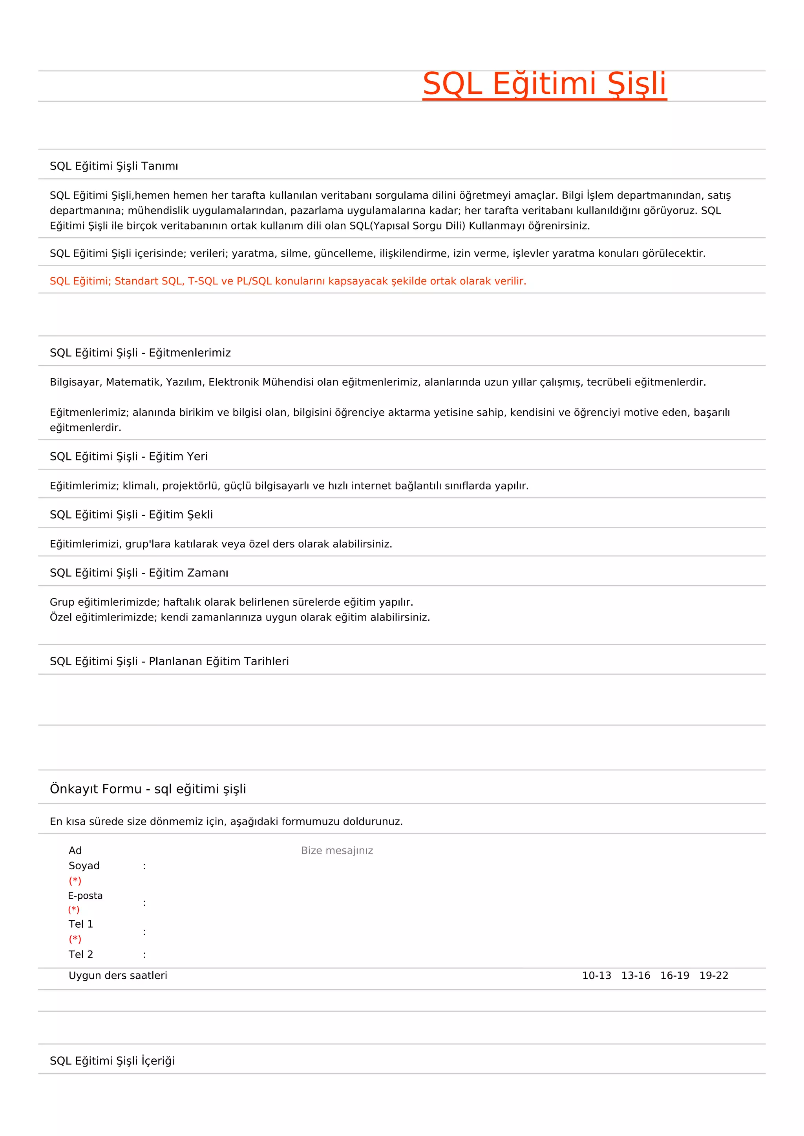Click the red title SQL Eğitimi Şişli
pos(544,84)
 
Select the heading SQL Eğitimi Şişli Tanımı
pos(114,166)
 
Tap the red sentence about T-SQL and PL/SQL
pos(288,281)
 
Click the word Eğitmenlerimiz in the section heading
pos(190,353)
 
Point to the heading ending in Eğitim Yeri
pos(129,456)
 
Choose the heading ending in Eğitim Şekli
pos(131,515)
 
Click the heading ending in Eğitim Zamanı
pos(139,572)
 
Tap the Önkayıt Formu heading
pos(148,789)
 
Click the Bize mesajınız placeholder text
pos(337,850)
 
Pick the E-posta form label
pos(85,896)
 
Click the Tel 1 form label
pos(81,924)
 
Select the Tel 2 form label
pos(81,954)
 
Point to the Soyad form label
pos(84,865)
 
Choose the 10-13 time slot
pos(596,976)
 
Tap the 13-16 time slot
pos(636,976)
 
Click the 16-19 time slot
pos(674,976)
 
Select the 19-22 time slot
pos(713,976)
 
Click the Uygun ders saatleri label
pos(118,976)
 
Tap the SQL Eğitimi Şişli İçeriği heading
pos(112,1061)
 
